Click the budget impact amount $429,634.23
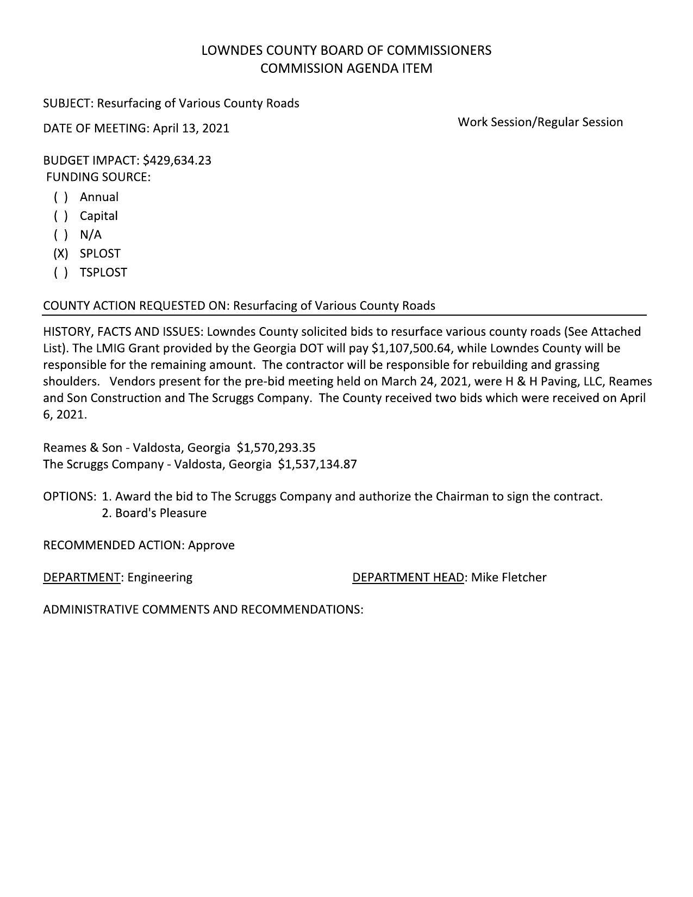point(177,160)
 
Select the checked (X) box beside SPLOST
point(60,254)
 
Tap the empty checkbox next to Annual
point(60,197)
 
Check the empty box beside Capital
point(60,216)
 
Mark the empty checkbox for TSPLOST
point(60,273)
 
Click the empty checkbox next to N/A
point(60,235)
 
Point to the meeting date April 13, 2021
point(191,128)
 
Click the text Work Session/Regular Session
point(540,122)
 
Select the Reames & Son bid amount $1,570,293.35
point(276,448)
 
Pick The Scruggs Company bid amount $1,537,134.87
point(317,465)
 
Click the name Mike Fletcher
point(509,578)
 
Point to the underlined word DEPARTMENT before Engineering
point(82,578)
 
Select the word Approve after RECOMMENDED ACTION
point(211,545)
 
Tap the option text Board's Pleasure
point(160,513)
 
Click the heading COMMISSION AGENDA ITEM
point(346,68)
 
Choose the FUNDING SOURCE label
point(98,177)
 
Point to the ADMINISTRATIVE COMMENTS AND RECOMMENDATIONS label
point(203,610)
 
